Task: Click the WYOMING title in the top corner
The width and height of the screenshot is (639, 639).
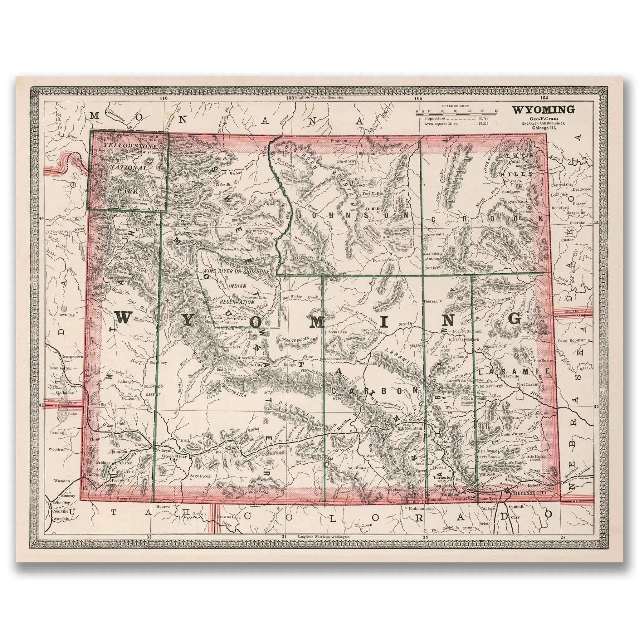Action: click(544, 109)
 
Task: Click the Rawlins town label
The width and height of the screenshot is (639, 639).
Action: click(343, 431)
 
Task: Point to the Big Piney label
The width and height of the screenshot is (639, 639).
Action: click(158, 363)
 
